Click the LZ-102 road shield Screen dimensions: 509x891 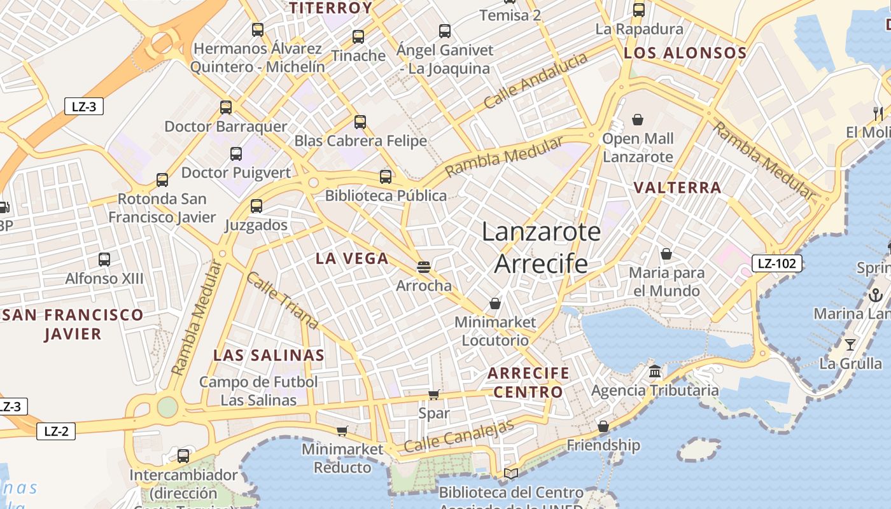pyautogui.click(x=777, y=263)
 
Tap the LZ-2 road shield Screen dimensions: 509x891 pyautogui.click(x=56, y=431)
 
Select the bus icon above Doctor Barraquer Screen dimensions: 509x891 pyautogui.click(x=226, y=107)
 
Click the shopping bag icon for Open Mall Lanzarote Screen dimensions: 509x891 pyautogui.click(x=638, y=119)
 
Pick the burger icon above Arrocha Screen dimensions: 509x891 pyautogui.click(x=424, y=267)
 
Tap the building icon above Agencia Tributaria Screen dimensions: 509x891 pyautogui.click(x=655, y=371)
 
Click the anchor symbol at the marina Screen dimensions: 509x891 pyautogui.click(x=875, y=295)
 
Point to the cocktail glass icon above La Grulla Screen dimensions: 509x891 pyautogui.click(x=850, y=345)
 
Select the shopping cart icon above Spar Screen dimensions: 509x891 pyautogui.click(x=434, y=394)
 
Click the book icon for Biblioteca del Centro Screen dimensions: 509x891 pyautogui.click(x=510, y=473)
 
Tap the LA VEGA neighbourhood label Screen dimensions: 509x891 pyautogui.click(x=352, y=258)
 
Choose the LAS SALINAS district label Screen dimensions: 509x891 pyautogui.click(x=269, y=355)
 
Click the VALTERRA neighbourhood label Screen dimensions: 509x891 pyautogui.click(x=678, y=188)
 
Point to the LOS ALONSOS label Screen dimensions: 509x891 pyautogui.click(x=685, y=53)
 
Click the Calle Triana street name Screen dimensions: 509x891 pyautogui.click(x=282, y=301)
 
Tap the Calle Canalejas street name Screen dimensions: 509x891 pyautogui.click(x=458, y=436)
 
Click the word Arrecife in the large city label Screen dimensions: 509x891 pyautogui.click(x=541, y=263)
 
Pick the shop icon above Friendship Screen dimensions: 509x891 pyautogui.click(x=603, y=426)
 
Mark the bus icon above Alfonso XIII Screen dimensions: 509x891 pyautogui.click(x=104, y=259)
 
